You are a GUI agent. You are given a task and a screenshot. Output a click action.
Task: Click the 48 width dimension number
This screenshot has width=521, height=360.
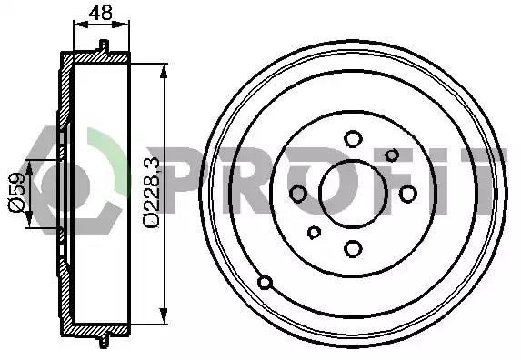[101, 13]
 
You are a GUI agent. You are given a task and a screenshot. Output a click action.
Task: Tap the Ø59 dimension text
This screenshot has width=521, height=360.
[16, 193]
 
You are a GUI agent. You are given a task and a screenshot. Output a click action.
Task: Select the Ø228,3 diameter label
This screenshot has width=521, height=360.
[152, 193]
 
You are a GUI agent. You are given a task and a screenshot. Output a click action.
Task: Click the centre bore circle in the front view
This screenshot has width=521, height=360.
[353, 194]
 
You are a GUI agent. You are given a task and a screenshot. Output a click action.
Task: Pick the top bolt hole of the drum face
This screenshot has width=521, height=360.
[353, 138]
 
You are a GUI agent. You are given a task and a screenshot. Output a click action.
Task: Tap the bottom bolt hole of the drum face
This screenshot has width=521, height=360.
[353, 249]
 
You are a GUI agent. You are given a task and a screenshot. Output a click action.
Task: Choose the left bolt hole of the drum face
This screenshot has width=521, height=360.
[298, 194]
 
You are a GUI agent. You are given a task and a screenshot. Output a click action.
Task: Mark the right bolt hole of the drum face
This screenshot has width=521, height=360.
[408, 194]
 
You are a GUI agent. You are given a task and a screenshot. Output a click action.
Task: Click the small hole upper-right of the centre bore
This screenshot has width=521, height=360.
[392, 155]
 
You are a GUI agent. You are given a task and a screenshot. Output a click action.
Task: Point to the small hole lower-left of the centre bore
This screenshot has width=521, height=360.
[314, 233]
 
